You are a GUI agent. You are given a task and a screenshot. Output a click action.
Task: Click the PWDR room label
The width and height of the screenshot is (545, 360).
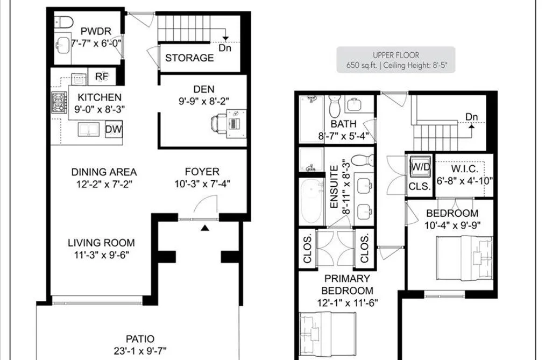pyautogui.click(x=96, y=31)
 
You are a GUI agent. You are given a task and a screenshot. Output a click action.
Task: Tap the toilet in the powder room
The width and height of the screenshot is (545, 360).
pyautogui.click(x=64, y=22)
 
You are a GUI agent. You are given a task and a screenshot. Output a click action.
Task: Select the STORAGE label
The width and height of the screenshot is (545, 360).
pyautogui.click(x=189, y=58)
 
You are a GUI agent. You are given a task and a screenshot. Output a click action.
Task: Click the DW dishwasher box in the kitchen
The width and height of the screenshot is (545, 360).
pyautogui.click(x=114, y=129)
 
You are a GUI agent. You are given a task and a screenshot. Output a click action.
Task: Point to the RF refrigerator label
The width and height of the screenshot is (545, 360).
pyautogui.click(x=102, y=76)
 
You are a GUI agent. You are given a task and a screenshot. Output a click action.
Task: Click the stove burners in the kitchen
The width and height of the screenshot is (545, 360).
pyautogui.click(x=59, y=102)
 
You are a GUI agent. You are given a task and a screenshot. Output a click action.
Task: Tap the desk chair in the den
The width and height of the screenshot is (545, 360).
pyautogui.click(x=218, y=123)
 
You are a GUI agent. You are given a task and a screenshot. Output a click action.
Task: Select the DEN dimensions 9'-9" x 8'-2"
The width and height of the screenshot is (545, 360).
pyautogui.click(x=204, y=101)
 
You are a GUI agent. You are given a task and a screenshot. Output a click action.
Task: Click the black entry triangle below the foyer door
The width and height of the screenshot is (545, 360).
pyautogui.click(x=205, y=228)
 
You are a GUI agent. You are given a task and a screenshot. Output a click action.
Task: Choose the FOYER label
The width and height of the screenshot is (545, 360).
pyautogui.click(x=202, y=172)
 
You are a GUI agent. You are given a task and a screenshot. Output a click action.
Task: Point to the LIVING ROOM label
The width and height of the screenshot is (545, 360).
pyautogui.click(x=101, y=243)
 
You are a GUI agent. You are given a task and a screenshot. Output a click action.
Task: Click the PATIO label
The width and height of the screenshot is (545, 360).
pyautogui.click(x=140, y=338)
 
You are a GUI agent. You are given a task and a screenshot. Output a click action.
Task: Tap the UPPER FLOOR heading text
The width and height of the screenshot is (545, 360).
pyautogui.click(x=396, y=55)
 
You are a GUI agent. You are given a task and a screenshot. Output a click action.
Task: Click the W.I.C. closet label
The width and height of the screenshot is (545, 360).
pyautogui.click(x=464, y=169)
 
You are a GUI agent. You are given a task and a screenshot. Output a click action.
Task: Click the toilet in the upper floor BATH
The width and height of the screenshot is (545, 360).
pyautogui.click(x=334, y=106)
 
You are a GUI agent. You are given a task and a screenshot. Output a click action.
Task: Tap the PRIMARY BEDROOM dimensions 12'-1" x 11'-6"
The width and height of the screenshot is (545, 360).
pyautogui.click(x=347, y=303)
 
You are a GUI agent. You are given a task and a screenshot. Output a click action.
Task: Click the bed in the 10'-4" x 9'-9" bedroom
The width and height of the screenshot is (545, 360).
pyautogui.click(x=464, y=258)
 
